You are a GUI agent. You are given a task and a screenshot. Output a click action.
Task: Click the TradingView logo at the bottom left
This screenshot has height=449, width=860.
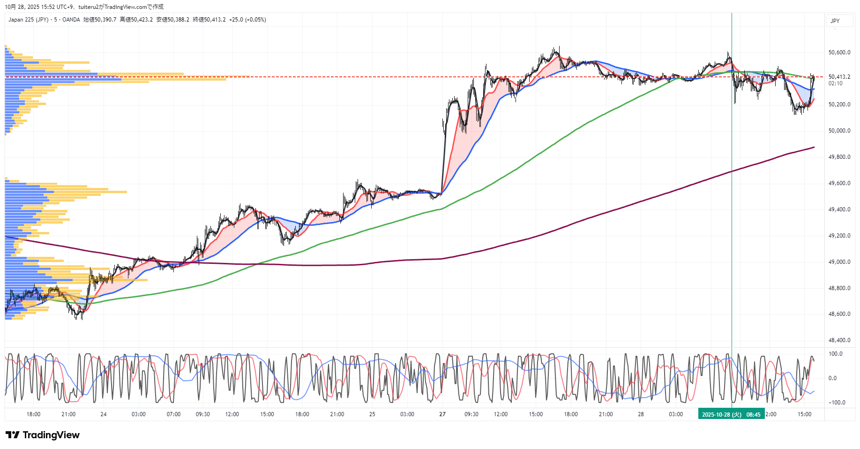43,435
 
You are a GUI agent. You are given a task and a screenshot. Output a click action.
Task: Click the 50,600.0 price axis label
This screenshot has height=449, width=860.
839,52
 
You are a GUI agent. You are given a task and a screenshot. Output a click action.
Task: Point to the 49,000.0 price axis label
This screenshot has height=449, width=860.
839,262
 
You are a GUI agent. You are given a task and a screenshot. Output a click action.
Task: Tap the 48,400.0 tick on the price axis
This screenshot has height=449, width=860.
839,340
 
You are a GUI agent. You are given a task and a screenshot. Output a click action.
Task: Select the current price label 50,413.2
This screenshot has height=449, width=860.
839,77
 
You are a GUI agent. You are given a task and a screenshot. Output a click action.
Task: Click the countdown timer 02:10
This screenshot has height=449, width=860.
836,83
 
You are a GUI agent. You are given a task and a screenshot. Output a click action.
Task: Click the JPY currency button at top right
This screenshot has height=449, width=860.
835,21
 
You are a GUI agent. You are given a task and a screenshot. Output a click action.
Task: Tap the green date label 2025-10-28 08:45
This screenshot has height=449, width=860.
731,414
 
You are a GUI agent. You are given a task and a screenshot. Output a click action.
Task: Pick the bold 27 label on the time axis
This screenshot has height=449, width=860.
442,414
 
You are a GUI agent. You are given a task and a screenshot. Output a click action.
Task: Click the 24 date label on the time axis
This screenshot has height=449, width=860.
104,414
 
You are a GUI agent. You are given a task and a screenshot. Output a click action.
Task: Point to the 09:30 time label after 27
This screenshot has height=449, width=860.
471,414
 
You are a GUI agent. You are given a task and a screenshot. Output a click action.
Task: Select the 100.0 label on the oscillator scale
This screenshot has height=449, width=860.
836,354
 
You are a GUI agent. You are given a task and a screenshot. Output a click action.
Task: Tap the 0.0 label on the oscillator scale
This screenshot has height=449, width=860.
832,378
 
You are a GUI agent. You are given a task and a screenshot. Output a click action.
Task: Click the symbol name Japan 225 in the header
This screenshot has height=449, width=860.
21,20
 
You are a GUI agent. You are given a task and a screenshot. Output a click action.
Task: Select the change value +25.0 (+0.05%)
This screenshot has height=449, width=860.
247,20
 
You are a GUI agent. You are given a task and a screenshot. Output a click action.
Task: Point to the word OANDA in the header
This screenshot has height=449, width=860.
71,20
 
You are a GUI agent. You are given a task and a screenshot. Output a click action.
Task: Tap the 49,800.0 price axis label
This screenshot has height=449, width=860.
839,157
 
